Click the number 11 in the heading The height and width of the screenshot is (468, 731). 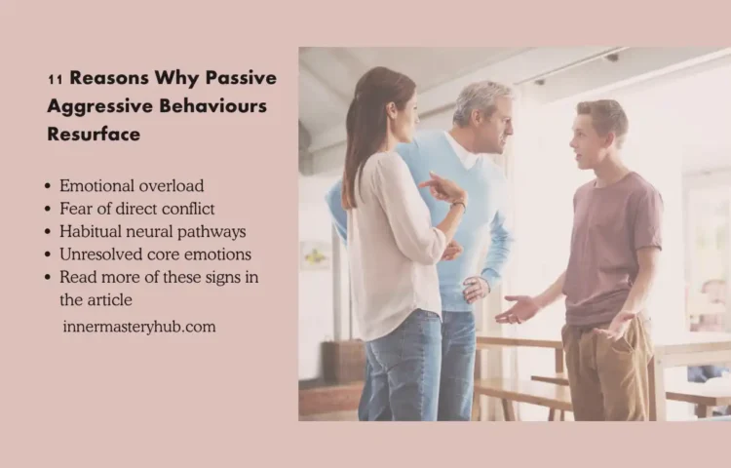pyautogui.click(x=56, y=79)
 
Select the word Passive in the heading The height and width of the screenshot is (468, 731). pyautogui.click(x=242, y=78)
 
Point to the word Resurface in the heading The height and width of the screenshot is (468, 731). pyautogui.click(x=94, y=134)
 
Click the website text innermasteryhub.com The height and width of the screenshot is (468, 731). pyautogui.click(x=138, y=327)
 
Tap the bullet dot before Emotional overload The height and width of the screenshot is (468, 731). pyautogui.click(x=49, y=185)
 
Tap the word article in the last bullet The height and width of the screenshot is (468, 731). pyautogui.click(x=110, y=300)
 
